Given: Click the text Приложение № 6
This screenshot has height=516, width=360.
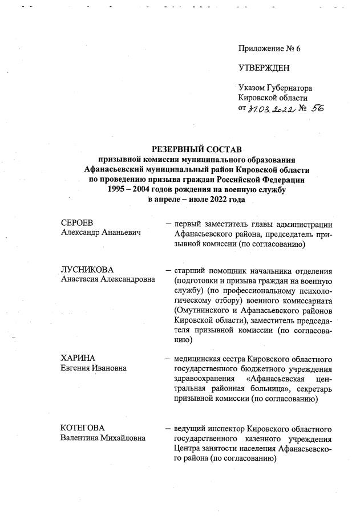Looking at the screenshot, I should coord(269,48).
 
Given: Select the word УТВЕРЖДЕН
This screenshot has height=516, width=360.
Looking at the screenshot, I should coord(264,68).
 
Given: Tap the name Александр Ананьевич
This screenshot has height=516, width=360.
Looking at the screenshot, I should coord(102,233).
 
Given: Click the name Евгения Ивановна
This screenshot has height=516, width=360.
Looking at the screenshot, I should coord(94,368).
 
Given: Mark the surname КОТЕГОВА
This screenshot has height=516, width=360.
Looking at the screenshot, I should coord(83,427).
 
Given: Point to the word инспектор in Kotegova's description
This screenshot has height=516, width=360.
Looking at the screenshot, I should coord(226,428).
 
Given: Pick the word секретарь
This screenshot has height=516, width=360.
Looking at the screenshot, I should coord(312,389).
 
